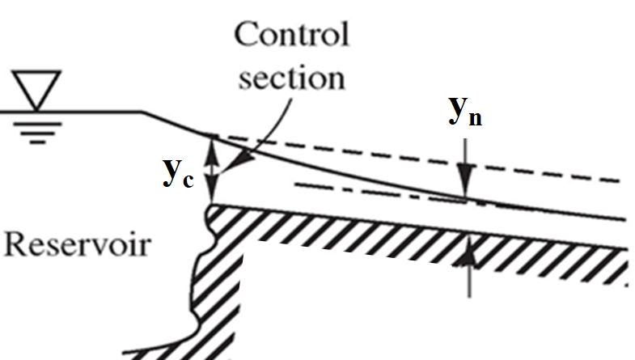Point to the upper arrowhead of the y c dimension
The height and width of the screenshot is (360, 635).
[212, 145]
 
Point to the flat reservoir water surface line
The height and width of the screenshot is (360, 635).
[73, 112]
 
